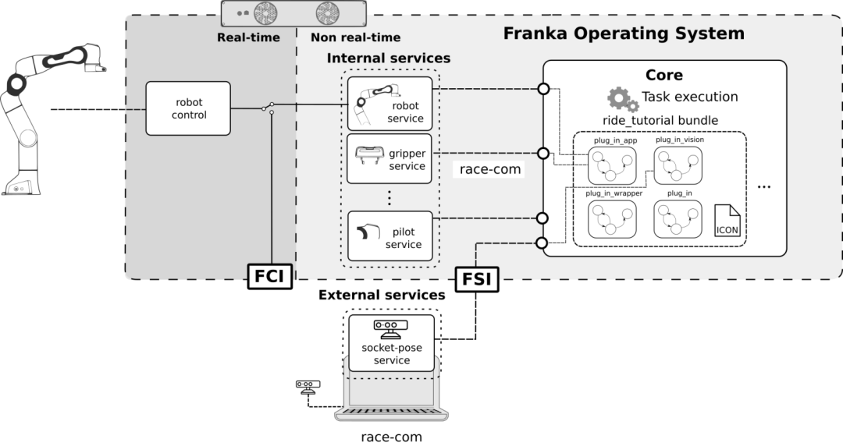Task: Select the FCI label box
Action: pyautogui.click(x=269, y=276)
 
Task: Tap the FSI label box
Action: pyautogui.click(x=476, y=278)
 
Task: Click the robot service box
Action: pyautogui.click(x=389, y=103)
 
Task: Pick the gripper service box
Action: pyautogui.click(x=389, y=158)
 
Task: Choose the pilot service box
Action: pyautogui.click(x=389, y=235)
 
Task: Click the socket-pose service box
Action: pyautogui.click(x=391, y=343)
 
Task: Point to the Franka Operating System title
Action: pyautogui.click(x=623, y=34)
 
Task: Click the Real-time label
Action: pyautogui.click(x=248, y=37)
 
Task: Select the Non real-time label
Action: pyautogui.click(x=355, y=37)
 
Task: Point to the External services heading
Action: pyautogui.click(x=382, y=296)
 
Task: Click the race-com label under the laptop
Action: pyautogui.click(x=392, y=437)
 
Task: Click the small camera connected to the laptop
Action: pyautogui.click(x=308, y=386)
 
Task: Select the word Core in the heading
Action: pyautogui.click(x=664, y=76)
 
